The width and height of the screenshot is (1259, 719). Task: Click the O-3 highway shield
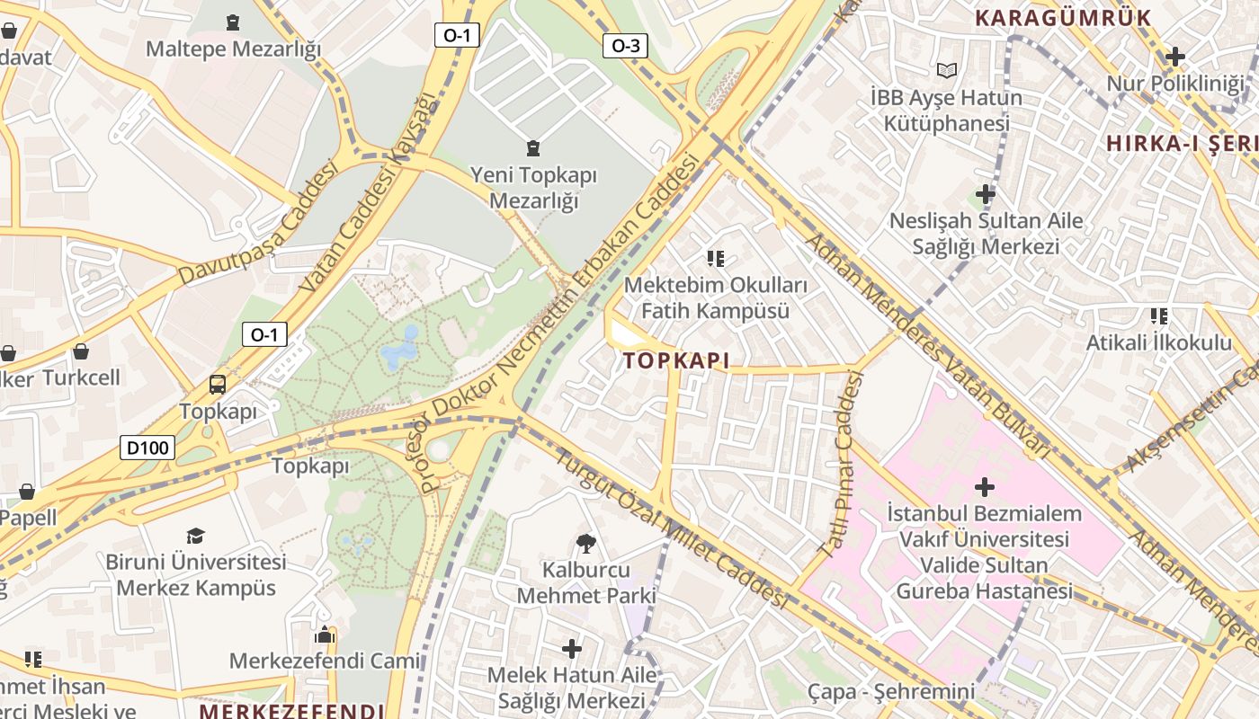coord(625,46)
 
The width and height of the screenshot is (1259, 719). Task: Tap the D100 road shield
coord(147,447)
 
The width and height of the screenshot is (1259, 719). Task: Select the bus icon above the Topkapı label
coord(218,385)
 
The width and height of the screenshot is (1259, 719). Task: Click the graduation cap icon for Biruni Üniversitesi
coord(195,536)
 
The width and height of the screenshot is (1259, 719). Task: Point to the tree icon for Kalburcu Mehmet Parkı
coord(585,543)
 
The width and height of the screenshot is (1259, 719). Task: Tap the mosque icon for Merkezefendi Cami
coord(325,635)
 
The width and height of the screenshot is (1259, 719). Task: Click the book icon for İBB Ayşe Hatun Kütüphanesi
coord(946,70)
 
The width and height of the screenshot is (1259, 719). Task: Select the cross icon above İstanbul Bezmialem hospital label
coord(985,487)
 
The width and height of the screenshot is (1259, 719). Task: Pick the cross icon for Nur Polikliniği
coord(1174,58)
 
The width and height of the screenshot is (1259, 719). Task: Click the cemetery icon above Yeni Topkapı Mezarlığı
coord(533,147)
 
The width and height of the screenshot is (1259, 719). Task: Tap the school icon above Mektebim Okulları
coord(716,259)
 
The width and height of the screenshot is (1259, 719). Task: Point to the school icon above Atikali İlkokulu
coord(1159,316)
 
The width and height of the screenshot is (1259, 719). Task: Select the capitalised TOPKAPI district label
coord(675,361)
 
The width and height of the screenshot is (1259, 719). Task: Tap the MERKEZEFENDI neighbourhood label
coord(291,711)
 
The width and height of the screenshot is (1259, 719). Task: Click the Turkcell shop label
coord(81,377)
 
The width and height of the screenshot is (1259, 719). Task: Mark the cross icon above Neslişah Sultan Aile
coord(986,193)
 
